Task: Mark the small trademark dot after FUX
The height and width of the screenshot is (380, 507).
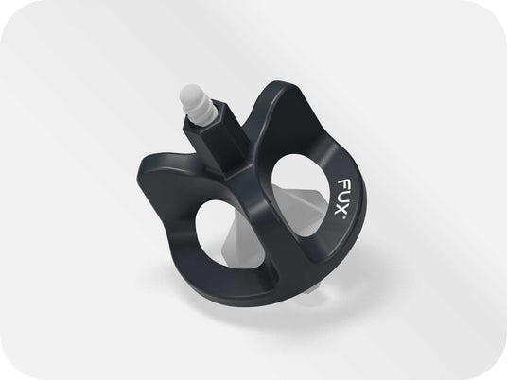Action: coord(343,217)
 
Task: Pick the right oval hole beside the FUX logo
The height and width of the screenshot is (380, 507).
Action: coord(301,198)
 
